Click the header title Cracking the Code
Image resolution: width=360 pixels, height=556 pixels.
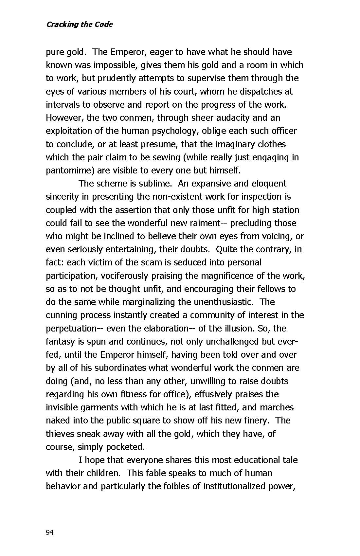coord(79,25)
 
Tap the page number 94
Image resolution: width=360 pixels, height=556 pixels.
coord(49,533)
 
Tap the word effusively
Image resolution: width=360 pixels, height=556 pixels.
coord(213,394)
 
